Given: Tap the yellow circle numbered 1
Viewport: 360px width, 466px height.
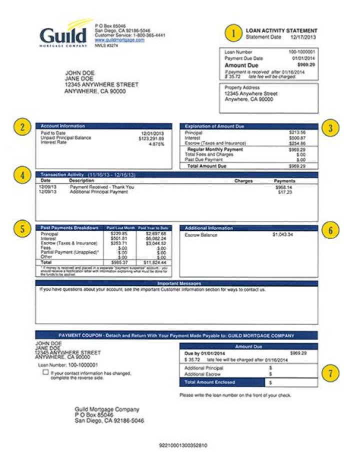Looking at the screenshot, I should [x=232, y=33].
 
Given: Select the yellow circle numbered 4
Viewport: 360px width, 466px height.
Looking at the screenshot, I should [x=22, y=176].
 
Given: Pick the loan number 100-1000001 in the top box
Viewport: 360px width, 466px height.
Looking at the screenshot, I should [x=302, y=52].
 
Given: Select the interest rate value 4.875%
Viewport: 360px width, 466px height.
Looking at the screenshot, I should [x=156, y=144].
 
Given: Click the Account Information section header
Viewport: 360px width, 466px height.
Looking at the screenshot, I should [x=62, y=126].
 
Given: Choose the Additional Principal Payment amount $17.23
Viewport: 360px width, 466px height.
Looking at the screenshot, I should [x=285, y=192].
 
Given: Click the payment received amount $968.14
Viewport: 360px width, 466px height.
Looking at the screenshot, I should [x=283, y=187].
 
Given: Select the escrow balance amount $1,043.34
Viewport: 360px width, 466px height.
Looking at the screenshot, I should [x=282, y=234].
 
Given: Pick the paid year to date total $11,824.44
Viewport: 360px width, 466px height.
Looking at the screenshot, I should [x=156, y=262].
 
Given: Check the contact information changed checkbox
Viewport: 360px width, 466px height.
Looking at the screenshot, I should [x=46, y=373].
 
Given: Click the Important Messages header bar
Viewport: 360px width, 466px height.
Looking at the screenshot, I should [x=176, y=283].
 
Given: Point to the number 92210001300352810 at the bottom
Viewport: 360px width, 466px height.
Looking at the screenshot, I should [x=183, y=445].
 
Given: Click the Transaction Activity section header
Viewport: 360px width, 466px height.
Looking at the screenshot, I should [x=62, y=175].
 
